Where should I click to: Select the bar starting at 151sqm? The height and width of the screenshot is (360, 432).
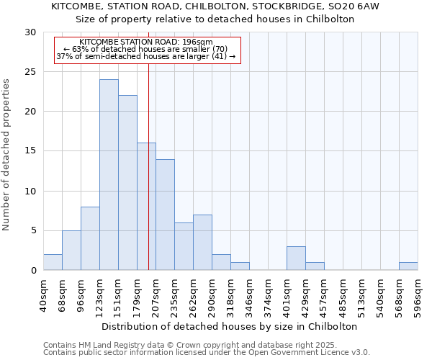click(127, 183)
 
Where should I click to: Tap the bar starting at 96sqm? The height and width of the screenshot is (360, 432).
click(90, 238)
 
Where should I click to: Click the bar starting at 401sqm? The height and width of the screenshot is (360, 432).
click(296, 258)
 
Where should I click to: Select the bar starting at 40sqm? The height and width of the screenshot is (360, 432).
click(53, 262)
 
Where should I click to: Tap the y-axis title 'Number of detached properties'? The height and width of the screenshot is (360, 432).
click(7, 155)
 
